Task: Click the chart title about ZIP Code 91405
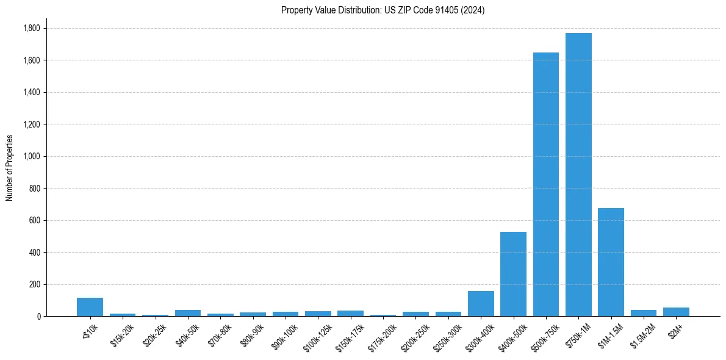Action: coord(383,10)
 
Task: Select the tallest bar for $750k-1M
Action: coord(578,175)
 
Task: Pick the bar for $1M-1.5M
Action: coord(611,262)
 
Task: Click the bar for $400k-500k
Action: coord(513,274)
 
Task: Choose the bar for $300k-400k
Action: coord(481,303)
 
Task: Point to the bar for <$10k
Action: coord(90,307)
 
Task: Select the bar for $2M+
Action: coord(676,312)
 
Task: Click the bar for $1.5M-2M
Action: coord(644,313)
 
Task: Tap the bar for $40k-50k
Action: coord(188,313)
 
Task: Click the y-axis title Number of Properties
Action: coord(10,168)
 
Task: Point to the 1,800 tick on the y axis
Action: coord(31,29)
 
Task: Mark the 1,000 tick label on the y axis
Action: coord(31,156)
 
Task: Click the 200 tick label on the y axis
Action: coord(34,284)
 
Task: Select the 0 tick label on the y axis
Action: coord(38,316)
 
